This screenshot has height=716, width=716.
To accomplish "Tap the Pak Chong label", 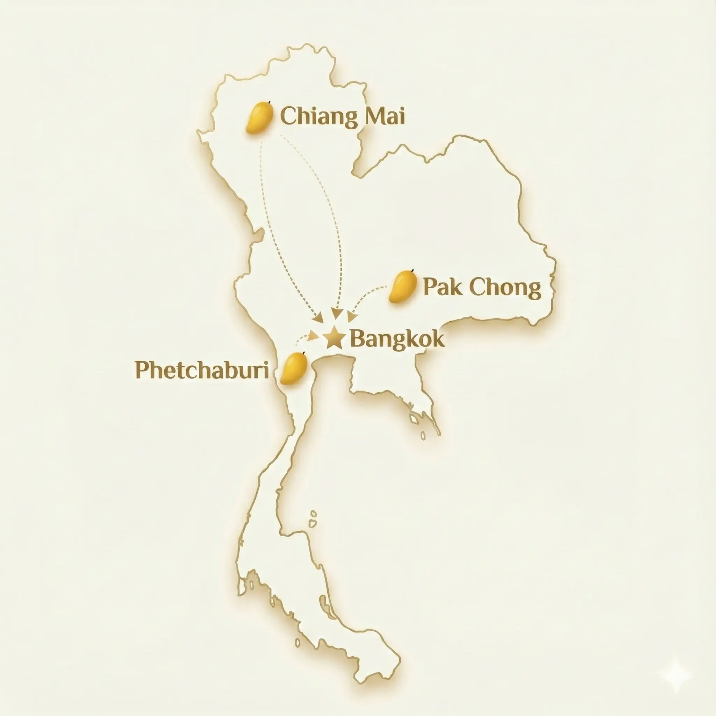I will click(x=482, y=288).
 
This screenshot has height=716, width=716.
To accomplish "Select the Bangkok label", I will click(x=397, y=339).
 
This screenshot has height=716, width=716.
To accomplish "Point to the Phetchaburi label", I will click(x=202, y=370).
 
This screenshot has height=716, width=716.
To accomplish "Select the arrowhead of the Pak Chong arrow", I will click(x=352, y=317).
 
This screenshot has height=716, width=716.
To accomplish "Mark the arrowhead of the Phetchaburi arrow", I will click(x=314, y=335).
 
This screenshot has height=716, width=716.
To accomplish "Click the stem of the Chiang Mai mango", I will click(x=270, y=102).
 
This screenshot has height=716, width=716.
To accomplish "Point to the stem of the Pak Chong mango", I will click(x=413, y=271).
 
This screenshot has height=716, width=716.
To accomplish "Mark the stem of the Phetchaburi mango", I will click(x=304, y=352).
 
